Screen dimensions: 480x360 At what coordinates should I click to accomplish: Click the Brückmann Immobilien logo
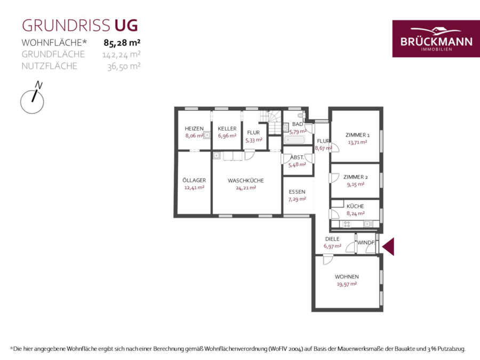click(x=436, y=38)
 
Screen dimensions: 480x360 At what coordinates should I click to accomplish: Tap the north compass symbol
click(x=32, y=98)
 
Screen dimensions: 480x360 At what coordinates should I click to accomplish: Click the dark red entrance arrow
click(x=388, y=246)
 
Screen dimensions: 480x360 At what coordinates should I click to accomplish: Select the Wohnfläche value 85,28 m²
click(x=122, y=43)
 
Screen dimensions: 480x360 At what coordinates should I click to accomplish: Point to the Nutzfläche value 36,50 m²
click(x=124, y=66)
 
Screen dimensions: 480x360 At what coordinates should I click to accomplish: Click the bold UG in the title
click(x=126, y=26)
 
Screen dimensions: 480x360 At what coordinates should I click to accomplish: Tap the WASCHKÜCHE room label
click(x=246, y=181)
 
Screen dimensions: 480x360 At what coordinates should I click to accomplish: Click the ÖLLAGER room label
click(x=194, y=180)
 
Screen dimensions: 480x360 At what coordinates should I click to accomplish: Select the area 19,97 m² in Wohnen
click(x=347, y=284)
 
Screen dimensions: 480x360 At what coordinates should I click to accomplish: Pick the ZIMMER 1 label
click(x=357, y=135)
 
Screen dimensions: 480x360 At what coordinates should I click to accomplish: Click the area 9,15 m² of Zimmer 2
click(x=356, y=185)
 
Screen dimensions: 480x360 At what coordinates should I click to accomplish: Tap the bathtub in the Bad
click(x=294, y=140)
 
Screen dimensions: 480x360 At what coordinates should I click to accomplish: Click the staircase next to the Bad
click(x=270, y=122)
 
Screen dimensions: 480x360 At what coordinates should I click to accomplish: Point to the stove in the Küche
click(x=347, y=224)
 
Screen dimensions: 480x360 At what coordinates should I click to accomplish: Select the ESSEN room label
click(x=297, y=192)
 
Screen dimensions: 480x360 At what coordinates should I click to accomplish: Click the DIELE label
click(x=332, y=239)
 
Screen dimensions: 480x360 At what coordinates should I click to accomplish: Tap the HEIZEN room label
click(x=194, y=129)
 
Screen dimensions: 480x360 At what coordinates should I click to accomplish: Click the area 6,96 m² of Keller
click(x=227, y=135)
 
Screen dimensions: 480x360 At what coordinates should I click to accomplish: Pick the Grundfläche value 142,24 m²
click(x=121, y=54)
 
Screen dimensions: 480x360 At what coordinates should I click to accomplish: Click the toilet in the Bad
click(x=303, y=115)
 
